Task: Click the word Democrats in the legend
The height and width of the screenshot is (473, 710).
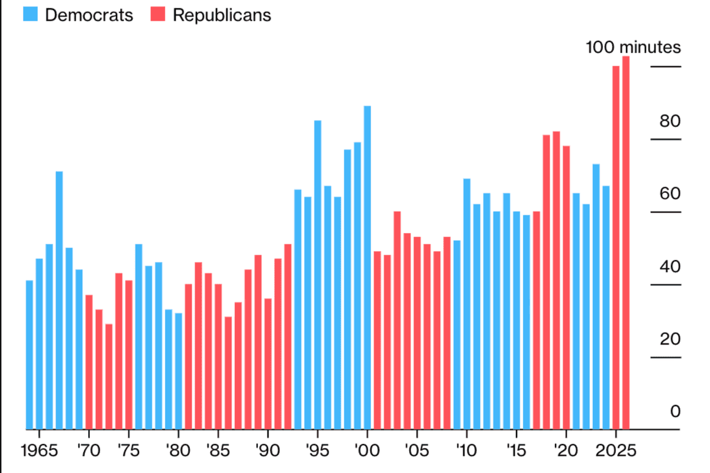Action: pos(89,15)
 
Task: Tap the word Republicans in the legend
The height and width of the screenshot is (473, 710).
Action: pos(222,15)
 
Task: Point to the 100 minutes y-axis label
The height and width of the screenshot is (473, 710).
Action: pos(633,47)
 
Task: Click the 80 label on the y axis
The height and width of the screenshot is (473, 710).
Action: pos(670,122)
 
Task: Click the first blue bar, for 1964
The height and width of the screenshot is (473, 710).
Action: pos(30,354)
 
